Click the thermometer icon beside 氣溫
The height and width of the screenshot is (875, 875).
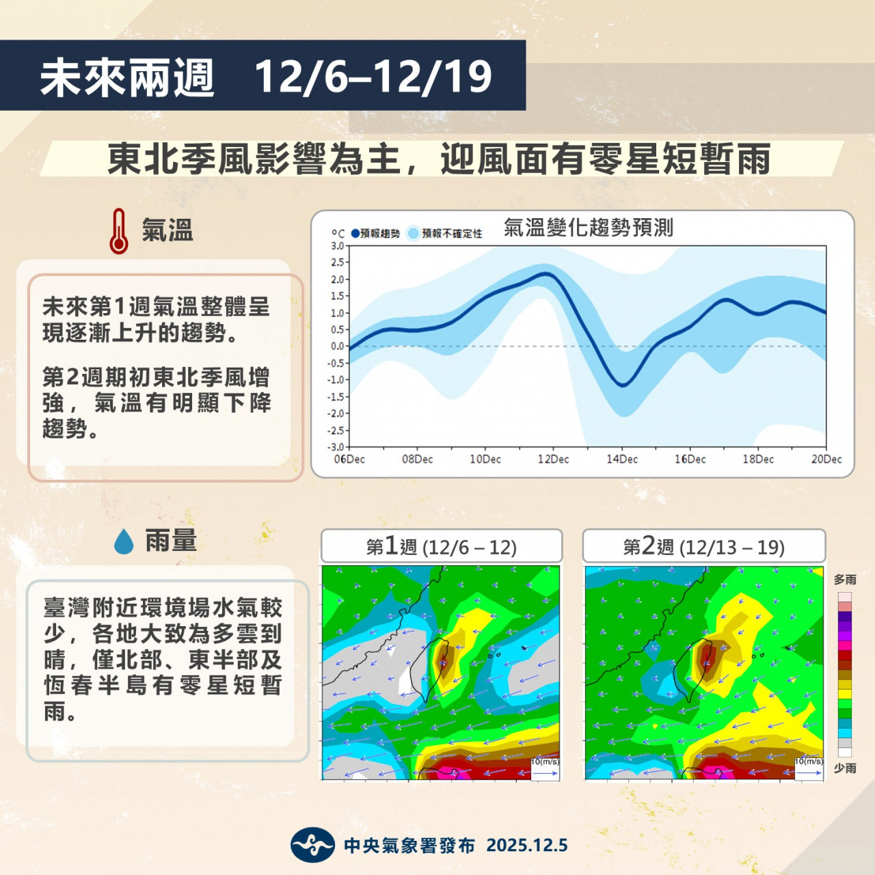pos(118,230)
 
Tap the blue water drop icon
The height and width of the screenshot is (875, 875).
pos(124,541)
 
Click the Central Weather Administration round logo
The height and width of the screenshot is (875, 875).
pos(312,844)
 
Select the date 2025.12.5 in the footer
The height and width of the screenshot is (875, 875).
pos(527,846)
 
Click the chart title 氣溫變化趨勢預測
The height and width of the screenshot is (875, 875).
pos(588,228)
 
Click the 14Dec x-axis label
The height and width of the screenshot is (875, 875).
pos(622,459)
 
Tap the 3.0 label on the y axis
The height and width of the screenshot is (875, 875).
pos(338,246)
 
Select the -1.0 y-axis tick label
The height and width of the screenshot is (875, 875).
pos(336,379)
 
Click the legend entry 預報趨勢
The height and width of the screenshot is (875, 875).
pos(375,233)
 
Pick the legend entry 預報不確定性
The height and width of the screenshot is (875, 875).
pos(445,233)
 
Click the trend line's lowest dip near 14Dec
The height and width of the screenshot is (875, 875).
pos(623,386)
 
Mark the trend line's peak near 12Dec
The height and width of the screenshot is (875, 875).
pos(546,274)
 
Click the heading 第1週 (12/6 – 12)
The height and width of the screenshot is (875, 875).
pos(442,546)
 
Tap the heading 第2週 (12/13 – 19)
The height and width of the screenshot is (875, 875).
pos(704,546)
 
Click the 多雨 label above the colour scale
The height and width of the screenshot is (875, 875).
pos(845,580)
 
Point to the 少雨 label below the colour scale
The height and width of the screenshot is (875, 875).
pos(845,768)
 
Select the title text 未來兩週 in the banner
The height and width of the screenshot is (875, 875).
pos(127,78)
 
